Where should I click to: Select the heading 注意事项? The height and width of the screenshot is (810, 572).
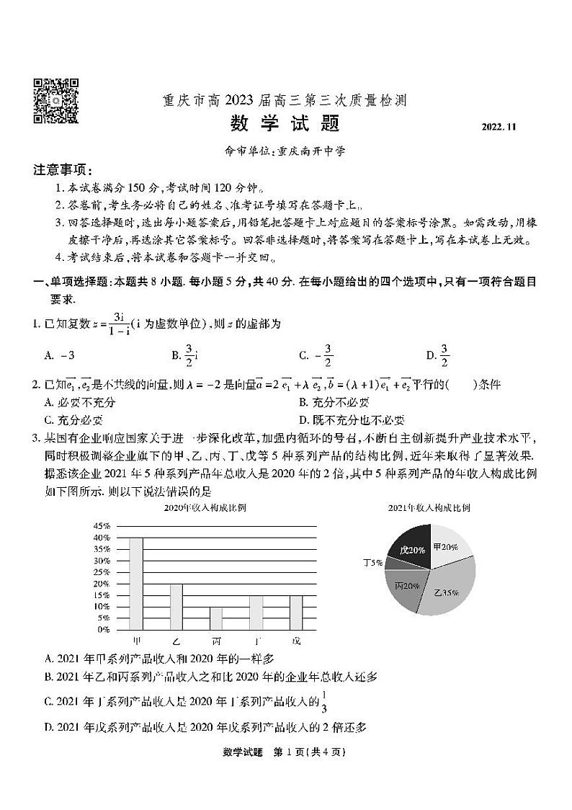tap(63, 170)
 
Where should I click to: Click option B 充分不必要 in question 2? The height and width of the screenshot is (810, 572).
tap(334, 402)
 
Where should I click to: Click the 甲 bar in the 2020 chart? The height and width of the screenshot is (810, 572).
tap(135, 583)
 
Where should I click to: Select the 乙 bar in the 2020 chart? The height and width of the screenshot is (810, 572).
tap(176, 606)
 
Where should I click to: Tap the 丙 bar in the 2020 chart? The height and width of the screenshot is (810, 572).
tap(216, 618)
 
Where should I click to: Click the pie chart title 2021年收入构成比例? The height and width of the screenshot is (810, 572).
tap(429, 508)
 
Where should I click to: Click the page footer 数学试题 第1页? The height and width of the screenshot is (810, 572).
tap(285, 752)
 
